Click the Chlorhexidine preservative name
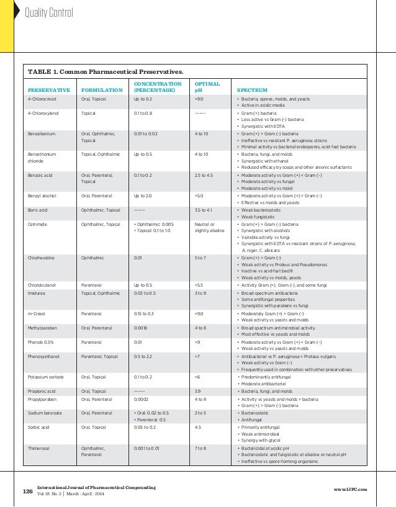click(x=42, y=256)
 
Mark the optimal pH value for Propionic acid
click(x=198, y=392)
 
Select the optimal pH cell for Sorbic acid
click(x=198, y=427)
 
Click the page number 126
click(x=27, y=491)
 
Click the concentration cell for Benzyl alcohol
click(x=143, y=195)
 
